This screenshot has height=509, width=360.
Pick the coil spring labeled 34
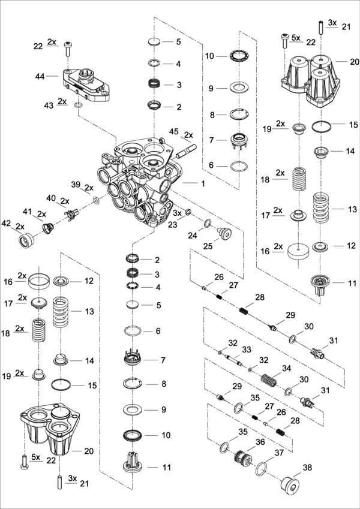[x=269, y=380]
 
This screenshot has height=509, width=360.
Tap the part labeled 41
[x=49, y=227]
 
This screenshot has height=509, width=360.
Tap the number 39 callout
[x=75, y=184]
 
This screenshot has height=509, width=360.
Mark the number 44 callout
[x=40, y=76]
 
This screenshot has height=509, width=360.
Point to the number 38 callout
[x=325, y=467]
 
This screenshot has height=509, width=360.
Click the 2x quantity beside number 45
[x=189, y=134]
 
